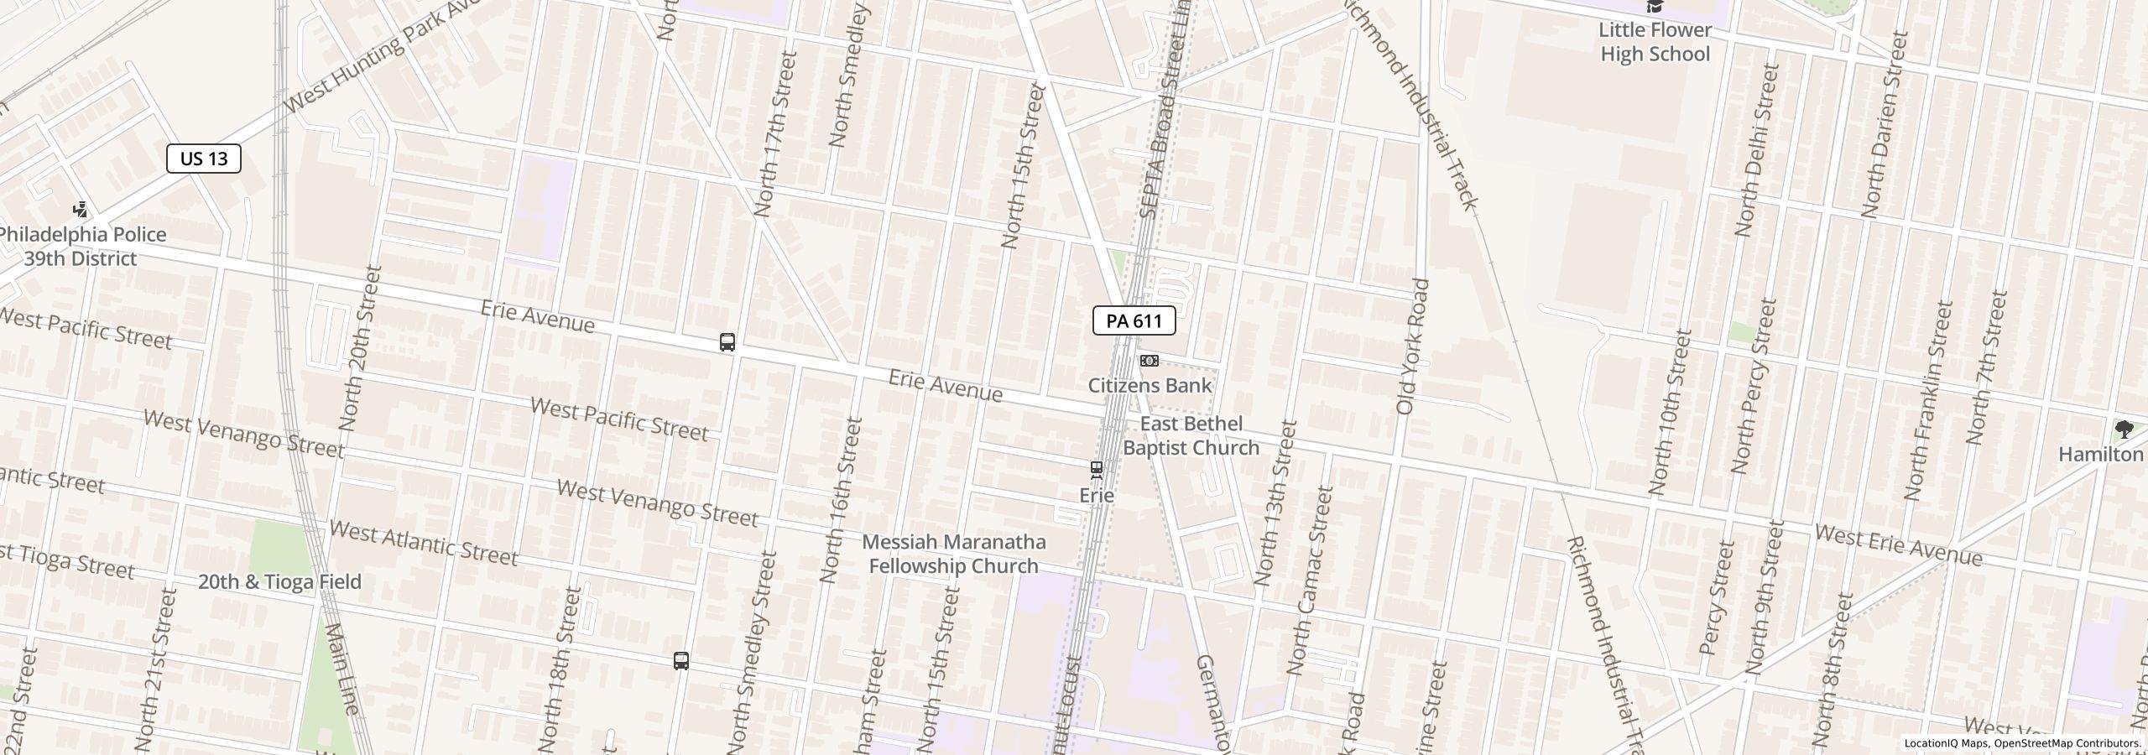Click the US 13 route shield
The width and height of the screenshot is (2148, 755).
(204, 159)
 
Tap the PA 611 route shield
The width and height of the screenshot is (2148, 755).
(1134, 320)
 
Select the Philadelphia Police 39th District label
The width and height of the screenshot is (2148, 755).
(81, 247)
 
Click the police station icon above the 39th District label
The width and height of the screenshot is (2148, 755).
(81, 210)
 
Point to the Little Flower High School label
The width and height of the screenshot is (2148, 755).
(1655, 42)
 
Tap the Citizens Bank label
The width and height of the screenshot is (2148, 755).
(1150, 385)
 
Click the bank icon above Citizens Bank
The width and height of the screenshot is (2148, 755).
(1150, 361)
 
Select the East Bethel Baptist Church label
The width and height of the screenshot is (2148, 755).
(1191, 435)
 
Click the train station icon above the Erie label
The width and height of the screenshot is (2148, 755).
(1096, 470)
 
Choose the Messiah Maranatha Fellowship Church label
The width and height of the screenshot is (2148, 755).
(954, 554)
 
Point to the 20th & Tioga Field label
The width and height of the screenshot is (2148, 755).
(279, 581)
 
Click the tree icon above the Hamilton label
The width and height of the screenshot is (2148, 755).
(2124, 430)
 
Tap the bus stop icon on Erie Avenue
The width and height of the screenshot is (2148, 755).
(727, 342)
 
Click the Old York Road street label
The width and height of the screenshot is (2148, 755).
(1413, 346)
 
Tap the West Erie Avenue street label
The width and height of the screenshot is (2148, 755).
(1898, 545)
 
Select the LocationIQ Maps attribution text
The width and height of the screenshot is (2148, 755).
(2022, 743)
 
